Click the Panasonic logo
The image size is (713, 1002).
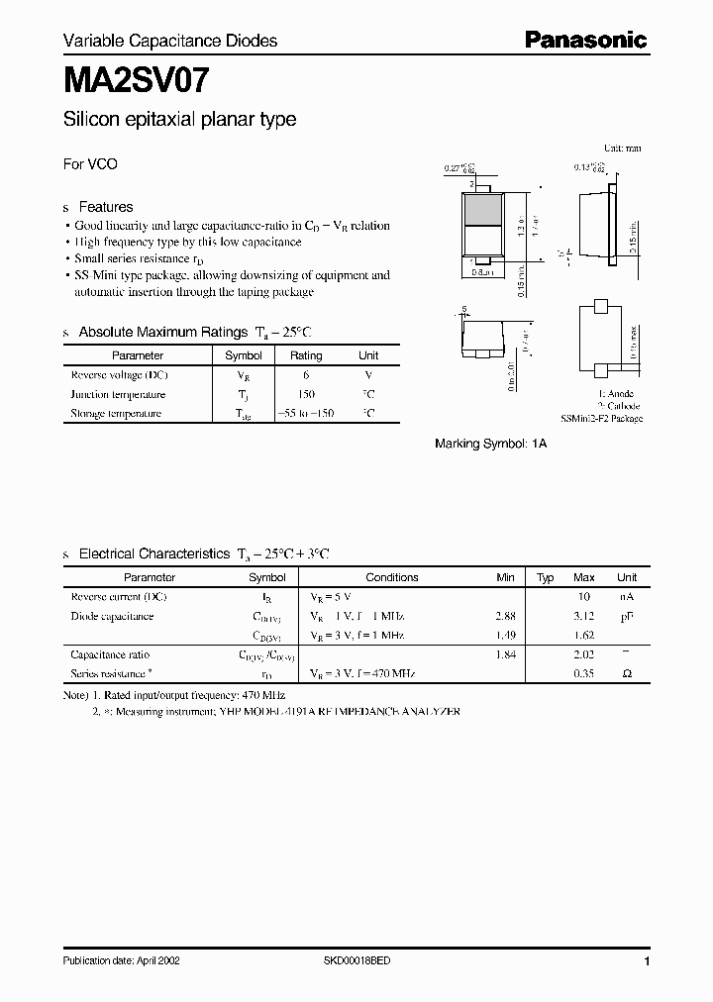(584, 40)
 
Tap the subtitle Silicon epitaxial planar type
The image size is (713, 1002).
(179, 120)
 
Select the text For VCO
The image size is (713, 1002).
(90, 164)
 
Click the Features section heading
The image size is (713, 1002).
(105, 207)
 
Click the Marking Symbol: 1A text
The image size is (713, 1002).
(490, 445)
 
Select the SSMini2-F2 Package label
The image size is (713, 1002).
(601, 419)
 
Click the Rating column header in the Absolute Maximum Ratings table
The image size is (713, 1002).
(306, 355)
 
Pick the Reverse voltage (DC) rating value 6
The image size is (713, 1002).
(306, 375)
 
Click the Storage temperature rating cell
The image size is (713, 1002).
(306, 414)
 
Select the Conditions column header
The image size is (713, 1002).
(392, 577)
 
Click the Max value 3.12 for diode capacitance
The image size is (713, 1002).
(584, 616)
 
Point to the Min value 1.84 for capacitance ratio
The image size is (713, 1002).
(505, 654)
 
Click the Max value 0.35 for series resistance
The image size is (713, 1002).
(584, 673)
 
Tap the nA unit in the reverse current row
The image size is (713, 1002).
(627, 597)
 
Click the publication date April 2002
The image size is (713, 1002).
(121, 961)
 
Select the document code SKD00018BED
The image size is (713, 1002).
(357, 961)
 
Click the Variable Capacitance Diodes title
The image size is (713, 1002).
(170, 41)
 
